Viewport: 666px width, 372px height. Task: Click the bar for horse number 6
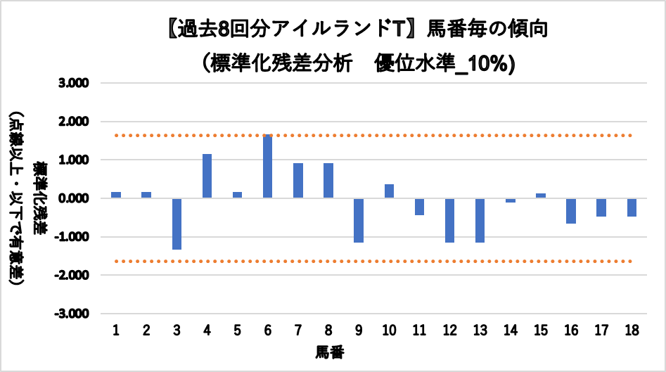268,167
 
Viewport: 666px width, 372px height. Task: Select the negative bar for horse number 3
177,224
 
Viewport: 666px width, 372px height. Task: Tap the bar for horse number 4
207,176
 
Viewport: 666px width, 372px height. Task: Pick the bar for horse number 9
359,220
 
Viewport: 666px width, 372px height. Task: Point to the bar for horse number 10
389,191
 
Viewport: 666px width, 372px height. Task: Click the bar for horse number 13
480,220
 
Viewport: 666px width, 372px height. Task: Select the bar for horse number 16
570,211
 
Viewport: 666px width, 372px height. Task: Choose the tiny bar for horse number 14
510,200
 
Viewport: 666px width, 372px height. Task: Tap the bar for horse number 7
298,181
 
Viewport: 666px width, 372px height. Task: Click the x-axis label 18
631,331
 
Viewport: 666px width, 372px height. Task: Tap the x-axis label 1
116,331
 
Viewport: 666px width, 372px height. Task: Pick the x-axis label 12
449,331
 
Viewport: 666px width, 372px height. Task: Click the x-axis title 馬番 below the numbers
329,350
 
